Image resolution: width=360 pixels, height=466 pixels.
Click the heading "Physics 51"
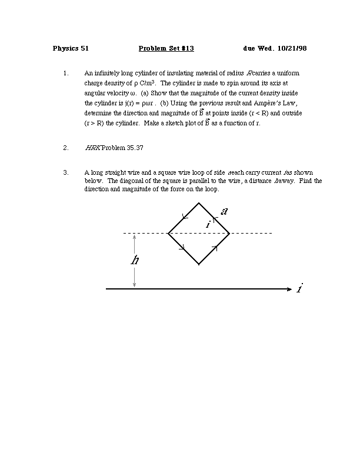point(71,48)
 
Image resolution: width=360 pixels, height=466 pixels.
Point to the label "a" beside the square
point(224,211)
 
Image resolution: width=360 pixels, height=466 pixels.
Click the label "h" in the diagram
point(135,259)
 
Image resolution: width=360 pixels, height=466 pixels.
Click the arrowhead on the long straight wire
point(288,289)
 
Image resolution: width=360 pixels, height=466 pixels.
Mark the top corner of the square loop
point(199,203)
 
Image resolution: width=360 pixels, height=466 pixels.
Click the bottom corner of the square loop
point(199,264)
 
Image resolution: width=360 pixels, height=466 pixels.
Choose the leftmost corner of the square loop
point(168,234)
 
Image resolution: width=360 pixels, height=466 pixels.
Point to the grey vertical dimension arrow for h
point(135,277)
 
